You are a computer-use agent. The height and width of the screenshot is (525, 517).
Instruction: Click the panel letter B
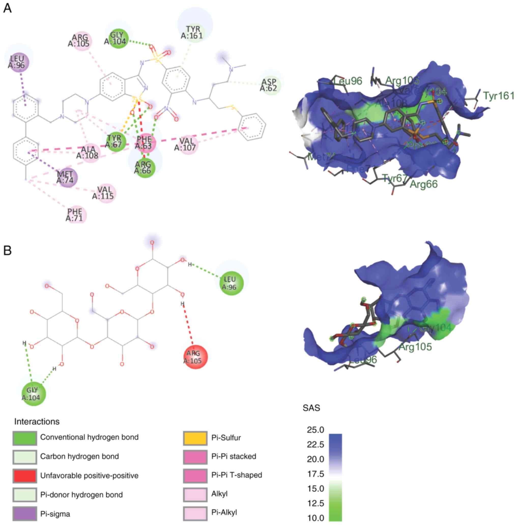click(7, 250)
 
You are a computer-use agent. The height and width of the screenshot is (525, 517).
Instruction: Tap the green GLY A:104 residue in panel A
click(119, 38)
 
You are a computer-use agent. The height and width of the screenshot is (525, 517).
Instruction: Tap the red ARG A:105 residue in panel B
click(195, 357)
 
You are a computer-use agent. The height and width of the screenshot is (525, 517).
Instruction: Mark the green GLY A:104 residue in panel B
click(33, 394)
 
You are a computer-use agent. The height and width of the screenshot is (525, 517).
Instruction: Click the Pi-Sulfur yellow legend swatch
click(195, 438)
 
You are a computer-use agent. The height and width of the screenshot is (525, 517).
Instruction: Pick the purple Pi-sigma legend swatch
click(24, 514)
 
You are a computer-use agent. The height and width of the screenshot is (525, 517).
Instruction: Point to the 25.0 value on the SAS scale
click(315, 430)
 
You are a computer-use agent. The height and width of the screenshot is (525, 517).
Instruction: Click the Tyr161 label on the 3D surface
click(498, 96)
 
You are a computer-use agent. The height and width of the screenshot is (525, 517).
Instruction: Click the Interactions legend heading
click(37, 421)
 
